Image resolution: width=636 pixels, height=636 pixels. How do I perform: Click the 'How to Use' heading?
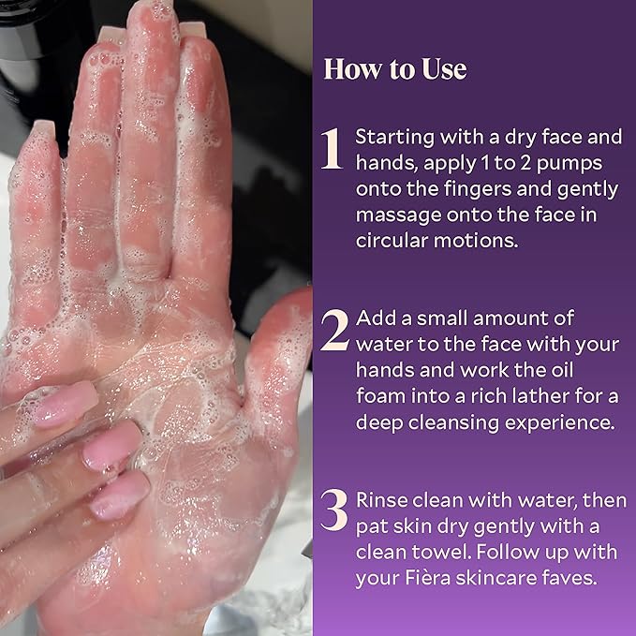[395, 69]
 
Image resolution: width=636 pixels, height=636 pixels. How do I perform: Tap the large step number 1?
[332, 148]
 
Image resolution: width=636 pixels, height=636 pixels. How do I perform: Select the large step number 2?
[334, 330]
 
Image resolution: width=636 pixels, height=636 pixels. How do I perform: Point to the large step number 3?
[333, 510]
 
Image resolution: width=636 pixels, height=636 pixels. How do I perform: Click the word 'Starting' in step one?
[394, 138]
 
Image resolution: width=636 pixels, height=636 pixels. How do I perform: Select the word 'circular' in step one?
[392, 241]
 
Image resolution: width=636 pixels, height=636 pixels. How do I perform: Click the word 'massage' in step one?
[398, 215]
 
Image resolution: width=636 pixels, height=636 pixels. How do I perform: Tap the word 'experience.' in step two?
[560, 423]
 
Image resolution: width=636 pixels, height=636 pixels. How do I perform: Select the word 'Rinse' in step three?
[381, 500]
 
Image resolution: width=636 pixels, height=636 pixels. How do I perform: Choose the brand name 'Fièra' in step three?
[428, 578]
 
